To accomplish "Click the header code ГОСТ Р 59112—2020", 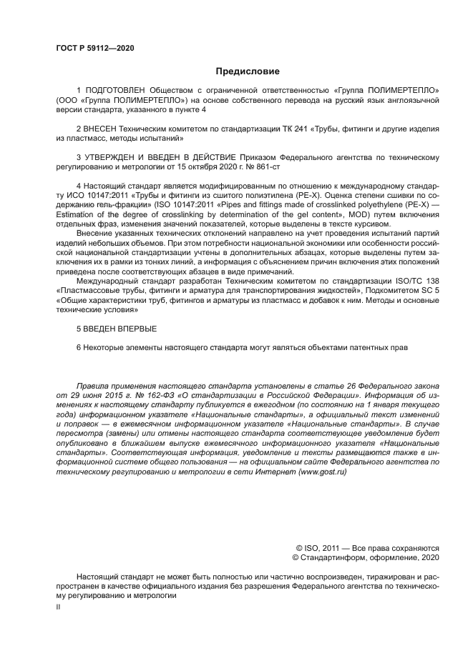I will coord(94,48).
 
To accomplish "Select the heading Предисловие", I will coord(248,71).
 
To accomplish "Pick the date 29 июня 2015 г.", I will coord(101,394).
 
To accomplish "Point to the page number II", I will coord(59,606).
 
